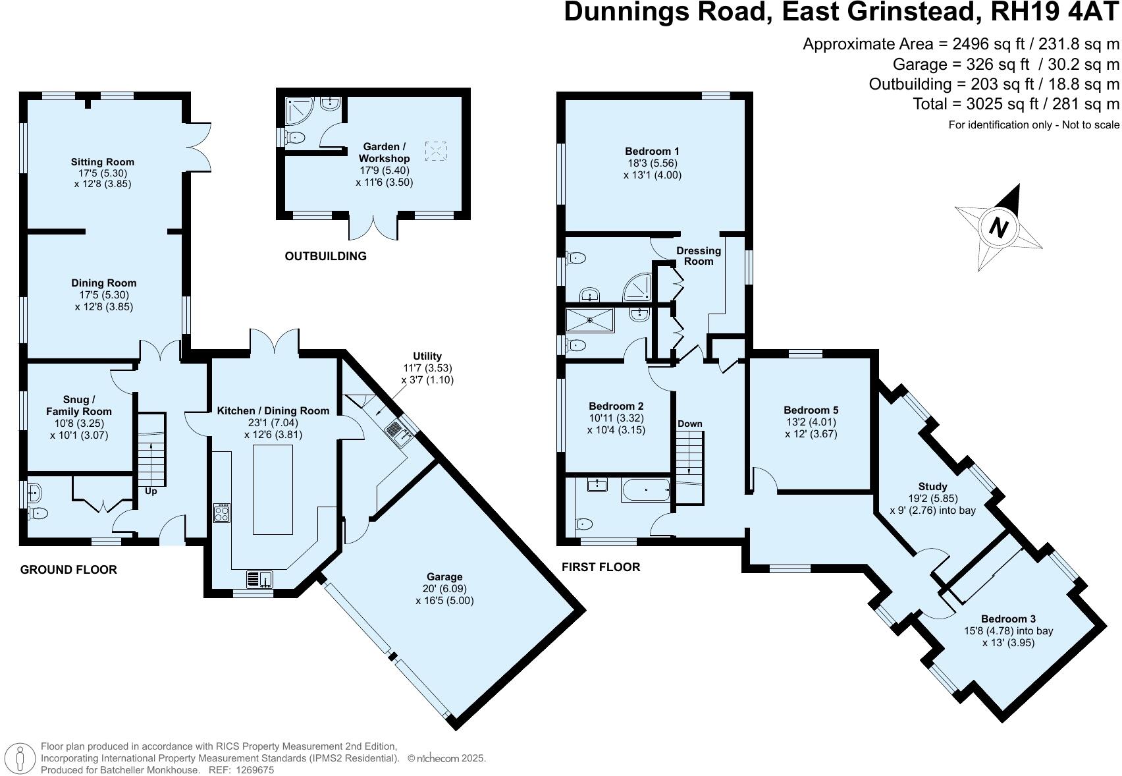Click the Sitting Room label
(103, 162)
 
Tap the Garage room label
(444, 577)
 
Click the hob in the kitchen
(222, 513)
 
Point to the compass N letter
(999, 228)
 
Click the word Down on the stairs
(689, 424)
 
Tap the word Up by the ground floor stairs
(151, 491)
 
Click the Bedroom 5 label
(811, 410)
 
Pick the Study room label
(932, 487)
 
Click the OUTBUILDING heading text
(325, 256)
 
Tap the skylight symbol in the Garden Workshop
(436, 151)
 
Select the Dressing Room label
(699, 256)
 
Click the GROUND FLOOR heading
(68, 570)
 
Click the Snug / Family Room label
(78, 406)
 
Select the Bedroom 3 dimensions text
(1008, 637)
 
